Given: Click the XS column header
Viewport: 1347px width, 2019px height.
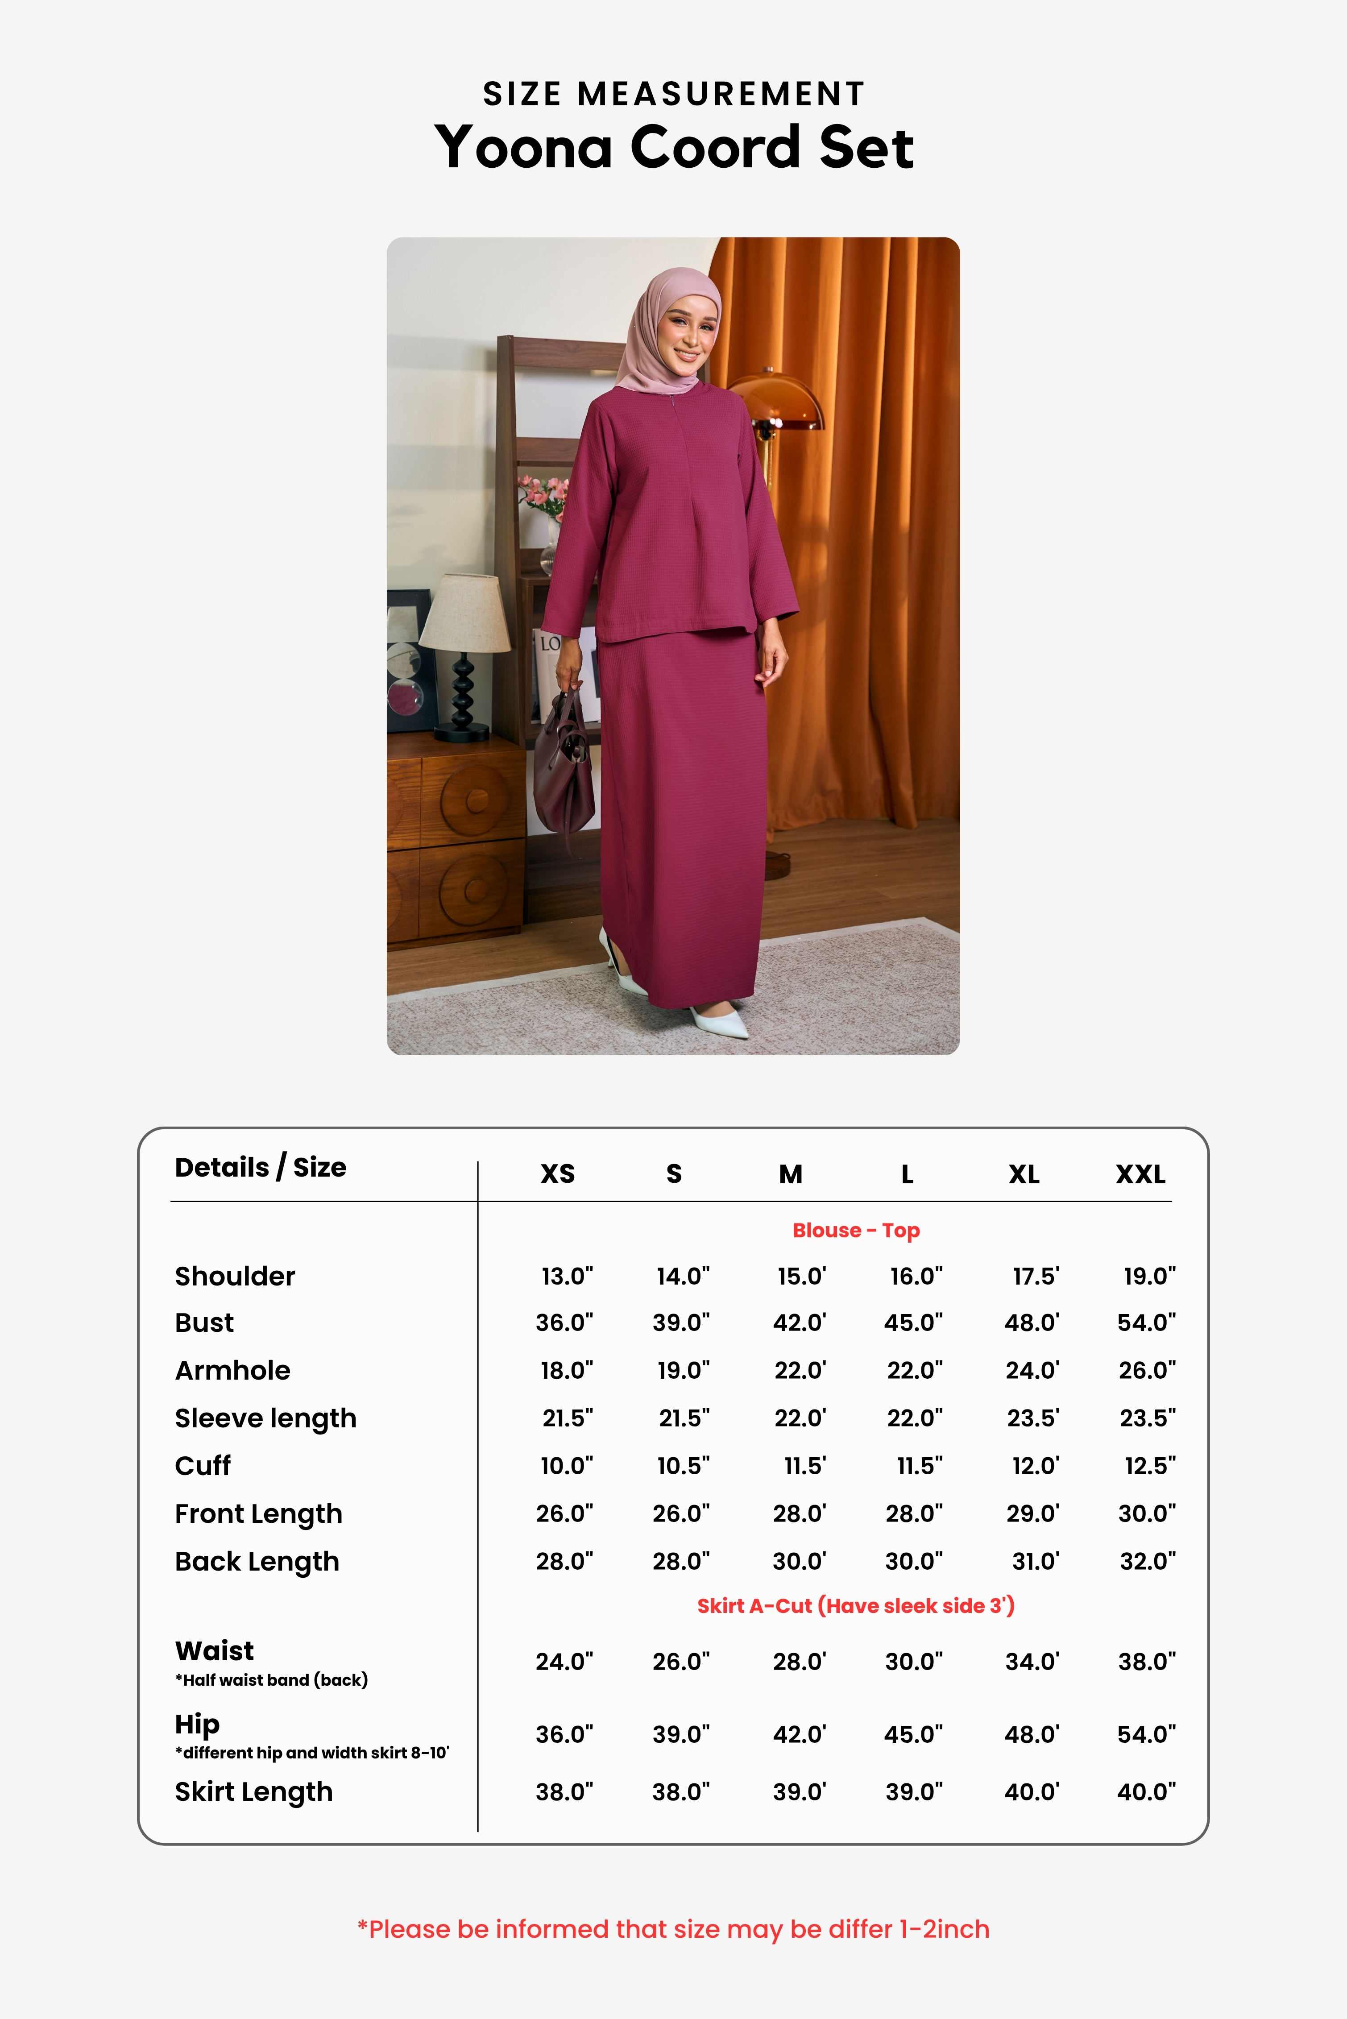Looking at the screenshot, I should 558,1173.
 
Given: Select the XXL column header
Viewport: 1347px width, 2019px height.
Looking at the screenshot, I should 1140,1173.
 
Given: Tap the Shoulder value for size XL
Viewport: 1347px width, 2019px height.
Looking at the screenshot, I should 1035,1276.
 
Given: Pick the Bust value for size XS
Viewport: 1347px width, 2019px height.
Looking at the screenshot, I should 564,1322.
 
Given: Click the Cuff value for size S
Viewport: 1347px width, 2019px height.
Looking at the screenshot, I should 683,1466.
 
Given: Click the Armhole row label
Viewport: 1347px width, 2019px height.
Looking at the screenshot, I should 233,1370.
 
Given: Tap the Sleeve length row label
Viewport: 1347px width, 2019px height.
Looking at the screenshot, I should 265,1418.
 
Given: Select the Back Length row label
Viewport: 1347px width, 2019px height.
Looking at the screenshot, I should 257,1561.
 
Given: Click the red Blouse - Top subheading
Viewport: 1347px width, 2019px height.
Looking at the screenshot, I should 856,1230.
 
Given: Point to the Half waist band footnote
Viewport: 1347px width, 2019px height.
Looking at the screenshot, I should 271,1679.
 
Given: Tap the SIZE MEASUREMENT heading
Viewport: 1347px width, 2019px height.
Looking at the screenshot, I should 674,94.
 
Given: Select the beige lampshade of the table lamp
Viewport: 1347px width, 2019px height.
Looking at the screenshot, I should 465,613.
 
